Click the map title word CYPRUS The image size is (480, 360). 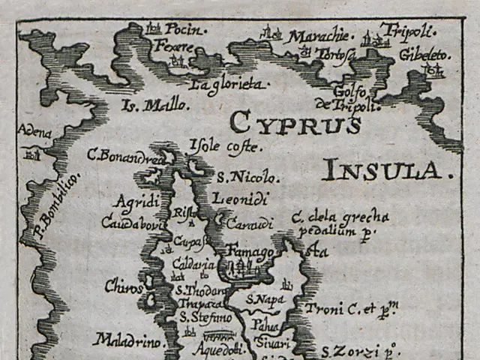coord(295,122)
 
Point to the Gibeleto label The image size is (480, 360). coord(424,55)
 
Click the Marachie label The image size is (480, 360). coord(319,35)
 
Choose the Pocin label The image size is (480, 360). coord(184,30)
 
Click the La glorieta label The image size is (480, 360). coord(227,84)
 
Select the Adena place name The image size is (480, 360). coord(34,133)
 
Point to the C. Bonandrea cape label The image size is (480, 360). coord(125,156)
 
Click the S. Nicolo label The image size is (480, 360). coord(248,178)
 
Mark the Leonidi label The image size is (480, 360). coord(239,199)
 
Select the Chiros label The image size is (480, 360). coord(124,285)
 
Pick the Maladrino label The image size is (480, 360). coord(127,340)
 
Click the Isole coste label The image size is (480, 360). coord(225,145)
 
